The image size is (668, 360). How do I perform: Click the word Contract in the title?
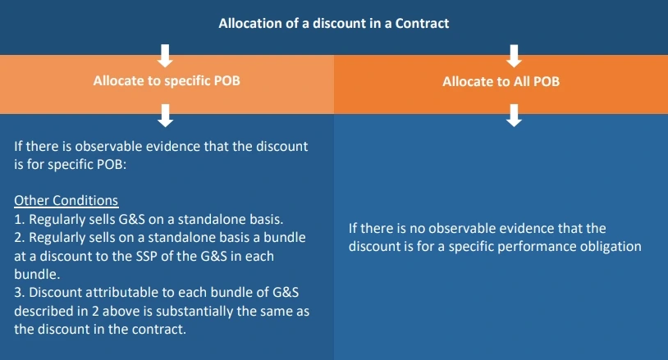click(422, 24)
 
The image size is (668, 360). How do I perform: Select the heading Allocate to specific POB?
click(166, 82)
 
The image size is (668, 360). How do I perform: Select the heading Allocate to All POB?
click(501, 82)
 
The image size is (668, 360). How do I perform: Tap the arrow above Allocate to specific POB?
click(166, 55)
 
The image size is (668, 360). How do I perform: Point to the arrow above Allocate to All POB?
click(515, 55)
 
